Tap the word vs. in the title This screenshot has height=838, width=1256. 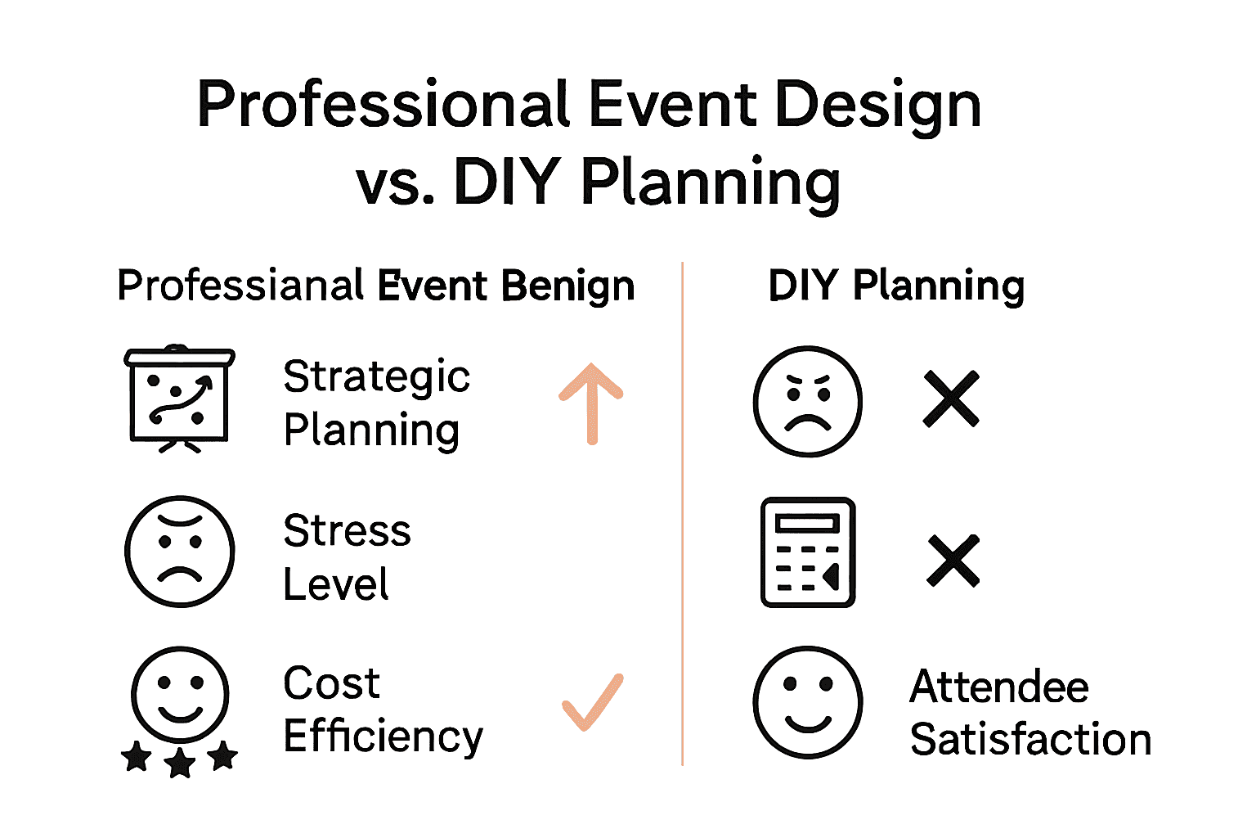[395, 182]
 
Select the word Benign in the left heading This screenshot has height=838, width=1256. [567, 286]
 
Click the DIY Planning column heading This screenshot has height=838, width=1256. [896, 286]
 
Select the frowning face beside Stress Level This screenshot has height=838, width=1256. [180, 551]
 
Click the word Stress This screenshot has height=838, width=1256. [347, 530]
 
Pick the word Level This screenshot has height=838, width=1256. [336, 584]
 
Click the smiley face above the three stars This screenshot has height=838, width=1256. [180, 694]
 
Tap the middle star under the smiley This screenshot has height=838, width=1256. [180, 764]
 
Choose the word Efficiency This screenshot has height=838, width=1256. [383, 737]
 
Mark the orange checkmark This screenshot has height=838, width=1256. [593, 702]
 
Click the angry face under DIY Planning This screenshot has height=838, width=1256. [807, 401]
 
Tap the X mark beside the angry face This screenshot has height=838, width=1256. [951, 399]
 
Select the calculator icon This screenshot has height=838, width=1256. [808, 552]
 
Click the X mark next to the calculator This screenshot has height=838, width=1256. [953, 561]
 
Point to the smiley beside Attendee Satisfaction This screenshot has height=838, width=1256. [807, 702]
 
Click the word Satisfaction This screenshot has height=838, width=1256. [1030, 740]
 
